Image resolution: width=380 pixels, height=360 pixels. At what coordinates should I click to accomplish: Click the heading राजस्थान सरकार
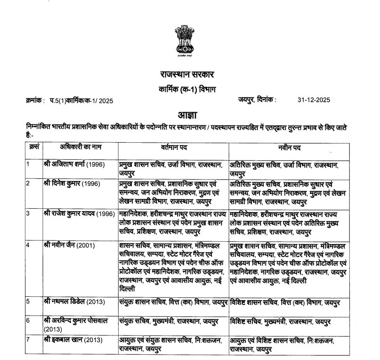pos(186,75)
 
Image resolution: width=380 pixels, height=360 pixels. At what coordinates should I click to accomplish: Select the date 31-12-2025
pos(314,100)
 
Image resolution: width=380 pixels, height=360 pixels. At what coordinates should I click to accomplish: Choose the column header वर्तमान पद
pos(174,148)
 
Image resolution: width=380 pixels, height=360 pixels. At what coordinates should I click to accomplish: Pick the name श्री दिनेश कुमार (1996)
pos(74,183)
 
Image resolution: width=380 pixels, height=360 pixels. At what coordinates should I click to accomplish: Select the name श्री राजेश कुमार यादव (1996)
pos(80,213)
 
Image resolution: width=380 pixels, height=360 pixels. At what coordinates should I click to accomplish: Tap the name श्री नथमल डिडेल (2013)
pos(75,302)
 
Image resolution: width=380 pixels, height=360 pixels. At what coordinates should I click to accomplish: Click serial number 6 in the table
pos(28,320)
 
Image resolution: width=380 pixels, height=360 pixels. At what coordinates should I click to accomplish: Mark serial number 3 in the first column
pos(28,213)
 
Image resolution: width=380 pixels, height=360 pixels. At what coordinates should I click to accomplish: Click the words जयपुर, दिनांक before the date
pos(258,100)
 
